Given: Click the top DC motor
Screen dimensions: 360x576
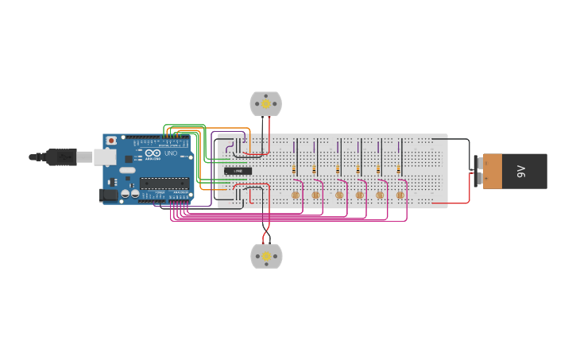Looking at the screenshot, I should point(265,103).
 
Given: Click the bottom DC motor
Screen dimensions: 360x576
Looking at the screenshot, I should point(266,256).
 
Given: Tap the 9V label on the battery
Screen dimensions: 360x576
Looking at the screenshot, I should point(521,171).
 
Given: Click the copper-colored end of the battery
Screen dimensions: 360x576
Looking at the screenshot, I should point(493,171).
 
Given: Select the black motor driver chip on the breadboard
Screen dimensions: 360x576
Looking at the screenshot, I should point(238,171).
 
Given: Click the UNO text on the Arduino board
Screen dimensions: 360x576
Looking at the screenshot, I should point(170,153).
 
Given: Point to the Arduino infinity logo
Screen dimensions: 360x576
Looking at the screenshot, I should point(153,153).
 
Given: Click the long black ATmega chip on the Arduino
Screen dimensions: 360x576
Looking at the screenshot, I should point(164,184).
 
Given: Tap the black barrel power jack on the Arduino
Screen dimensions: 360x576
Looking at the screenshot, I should point(108,195).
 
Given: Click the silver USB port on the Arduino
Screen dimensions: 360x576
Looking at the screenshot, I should point(105,157).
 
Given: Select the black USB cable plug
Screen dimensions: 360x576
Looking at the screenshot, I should point(60,157).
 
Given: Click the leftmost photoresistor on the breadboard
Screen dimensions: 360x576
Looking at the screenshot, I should point(296,195).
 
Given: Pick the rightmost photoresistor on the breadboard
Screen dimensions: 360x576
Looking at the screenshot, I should point(400,195).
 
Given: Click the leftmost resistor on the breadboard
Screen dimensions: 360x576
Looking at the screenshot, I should point(294,169).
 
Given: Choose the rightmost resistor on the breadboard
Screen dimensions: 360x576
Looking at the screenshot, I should point(399,169).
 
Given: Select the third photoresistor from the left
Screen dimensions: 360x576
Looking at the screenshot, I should point(339,195).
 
